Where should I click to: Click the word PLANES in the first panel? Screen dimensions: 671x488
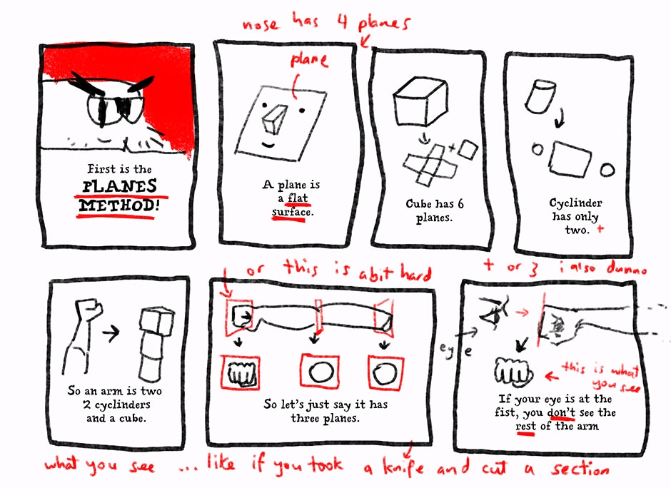(119, 186)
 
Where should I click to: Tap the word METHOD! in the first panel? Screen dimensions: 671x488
(119, 205)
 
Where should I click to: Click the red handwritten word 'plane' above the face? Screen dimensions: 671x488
(309, 60)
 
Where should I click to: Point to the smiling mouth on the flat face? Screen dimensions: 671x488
(268, 145)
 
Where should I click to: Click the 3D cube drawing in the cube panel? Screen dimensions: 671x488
(420, 101)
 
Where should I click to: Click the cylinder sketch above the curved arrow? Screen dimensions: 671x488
(540, 96)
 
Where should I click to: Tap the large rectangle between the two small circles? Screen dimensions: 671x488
(570, 158)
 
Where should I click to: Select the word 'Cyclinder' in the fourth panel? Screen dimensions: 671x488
(575, 203)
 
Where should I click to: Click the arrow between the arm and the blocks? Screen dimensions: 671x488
(111, 332)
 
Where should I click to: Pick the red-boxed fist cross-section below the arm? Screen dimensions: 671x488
(240, 372)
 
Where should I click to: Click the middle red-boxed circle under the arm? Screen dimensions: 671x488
(321, 371)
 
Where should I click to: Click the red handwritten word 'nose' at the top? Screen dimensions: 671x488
(260, 24)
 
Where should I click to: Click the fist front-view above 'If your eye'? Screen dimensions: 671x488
(513, 370)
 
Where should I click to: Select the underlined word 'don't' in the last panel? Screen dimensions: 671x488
(561, 412)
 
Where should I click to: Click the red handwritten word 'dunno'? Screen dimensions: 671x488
(627, 268)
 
